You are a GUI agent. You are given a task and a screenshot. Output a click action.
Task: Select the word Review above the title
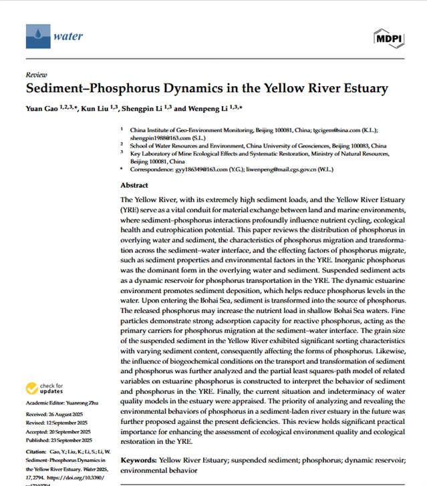point(35,74)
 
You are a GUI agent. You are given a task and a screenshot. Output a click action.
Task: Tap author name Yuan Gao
point(41,108)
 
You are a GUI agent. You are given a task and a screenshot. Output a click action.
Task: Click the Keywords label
point(138,461)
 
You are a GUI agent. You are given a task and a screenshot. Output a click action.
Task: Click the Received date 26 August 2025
point(65,414)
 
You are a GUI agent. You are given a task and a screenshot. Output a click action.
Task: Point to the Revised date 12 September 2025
point(68,423)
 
